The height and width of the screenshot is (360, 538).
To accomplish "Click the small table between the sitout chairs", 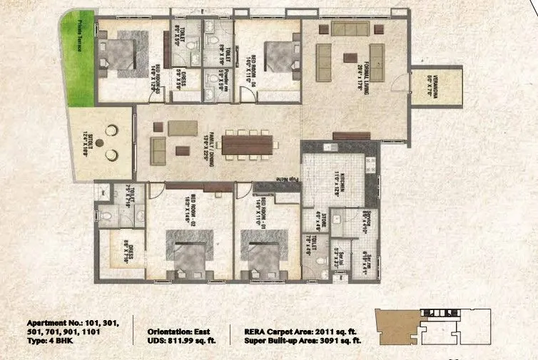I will click(x=110, y=142).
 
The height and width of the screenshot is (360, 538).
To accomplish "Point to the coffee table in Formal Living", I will click(x=350, y=57).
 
